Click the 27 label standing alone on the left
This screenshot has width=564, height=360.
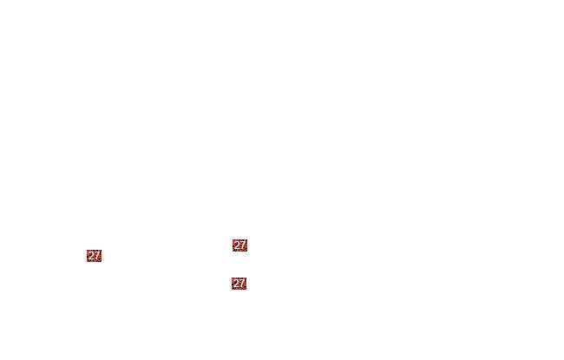(x=94, y=256)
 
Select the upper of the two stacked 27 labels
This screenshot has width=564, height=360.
(x=239, y=245)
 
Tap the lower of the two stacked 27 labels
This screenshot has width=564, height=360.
(x=239, y=284)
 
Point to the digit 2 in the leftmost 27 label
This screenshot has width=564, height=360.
(x=91, y=256)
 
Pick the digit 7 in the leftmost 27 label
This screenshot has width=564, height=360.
(x=97, y=256)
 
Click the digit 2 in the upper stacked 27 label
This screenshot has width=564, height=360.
(x=237, y=245)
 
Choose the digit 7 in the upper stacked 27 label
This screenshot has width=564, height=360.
(x=242, y=245)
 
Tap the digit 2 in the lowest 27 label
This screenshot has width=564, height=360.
(x=236, y=284)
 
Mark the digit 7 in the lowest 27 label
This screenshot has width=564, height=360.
(x=242, y=284)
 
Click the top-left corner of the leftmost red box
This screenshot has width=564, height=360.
(x=87, y=250)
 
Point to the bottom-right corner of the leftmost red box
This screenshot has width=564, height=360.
(x=102, y=262)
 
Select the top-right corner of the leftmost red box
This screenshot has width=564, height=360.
(x=102, y=250)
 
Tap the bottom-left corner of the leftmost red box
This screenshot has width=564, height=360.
(x=87, y=262)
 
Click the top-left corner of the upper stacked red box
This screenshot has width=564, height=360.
(x=233, y=239)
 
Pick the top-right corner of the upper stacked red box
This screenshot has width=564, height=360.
(x=247, y=239)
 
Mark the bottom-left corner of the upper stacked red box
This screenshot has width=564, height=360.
(x=233, y=252)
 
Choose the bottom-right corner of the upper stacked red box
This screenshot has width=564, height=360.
(x=247, y=252)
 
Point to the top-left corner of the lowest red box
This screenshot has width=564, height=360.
(x=232, y=278)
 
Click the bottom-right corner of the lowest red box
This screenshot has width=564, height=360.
(x=246, y=290)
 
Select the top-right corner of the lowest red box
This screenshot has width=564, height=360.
(x=246, y=278)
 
